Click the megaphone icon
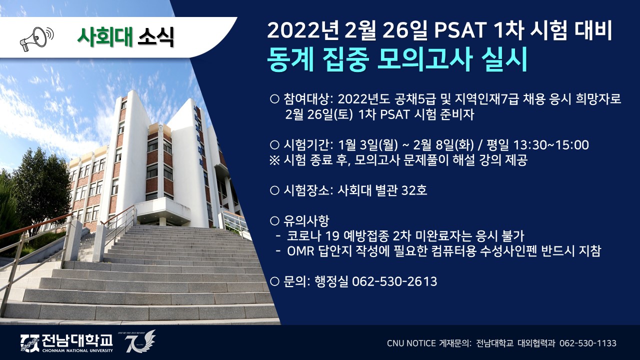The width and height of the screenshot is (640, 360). point(36,39)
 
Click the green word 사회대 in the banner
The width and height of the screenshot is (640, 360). point(105,37)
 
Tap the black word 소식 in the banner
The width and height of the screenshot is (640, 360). point(155,37)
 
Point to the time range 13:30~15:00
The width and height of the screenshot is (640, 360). point(551,145)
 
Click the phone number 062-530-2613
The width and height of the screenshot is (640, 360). point(394,281)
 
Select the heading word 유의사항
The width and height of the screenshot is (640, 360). point(306,220)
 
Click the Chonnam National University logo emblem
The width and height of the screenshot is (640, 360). point(29,343)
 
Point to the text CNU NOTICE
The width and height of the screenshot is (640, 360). point(411,343)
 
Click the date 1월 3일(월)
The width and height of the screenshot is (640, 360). point(367,145)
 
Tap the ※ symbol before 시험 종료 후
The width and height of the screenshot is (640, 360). point(274,160)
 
